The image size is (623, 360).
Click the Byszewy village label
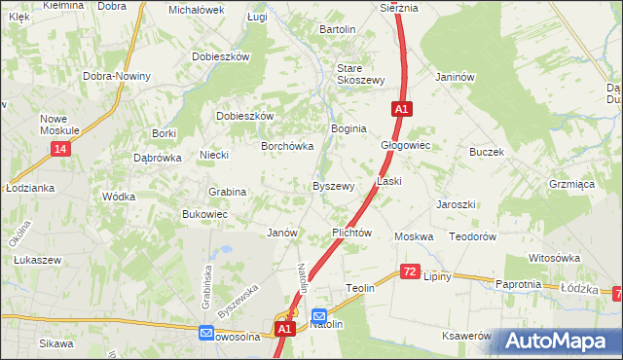pyautogui.click(x=332, y=186)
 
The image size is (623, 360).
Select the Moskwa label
pyautogui.click(x=413, y=236)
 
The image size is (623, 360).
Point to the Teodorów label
pyautogui.click(x=473, y=236)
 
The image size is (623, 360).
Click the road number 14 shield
pyautogui.click(x=61, y=148)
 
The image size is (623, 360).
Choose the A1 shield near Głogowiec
pyautogui.click(x=401, y=110)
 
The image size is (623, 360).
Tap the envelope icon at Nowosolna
pyautogui.click(x=206, y=333)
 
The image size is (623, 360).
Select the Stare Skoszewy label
pyautogui.click(x=361, y=74)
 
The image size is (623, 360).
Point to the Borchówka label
pyautogui.click(x=286, y=147)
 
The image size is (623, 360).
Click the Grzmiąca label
pyautogui.click(x=571, y=182)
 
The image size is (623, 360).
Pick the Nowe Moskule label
pyautogui.click(x=59, y=125)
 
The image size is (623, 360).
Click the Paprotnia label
pyautogui.click(x=518, y=284)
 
